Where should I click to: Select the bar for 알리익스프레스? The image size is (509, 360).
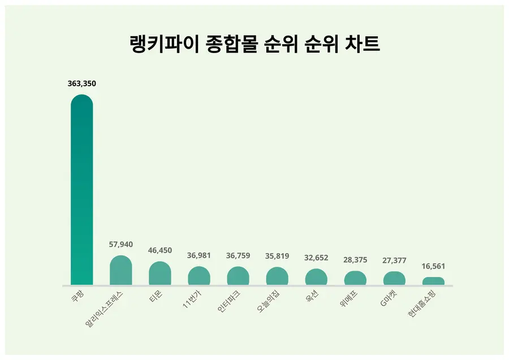pos(120,271)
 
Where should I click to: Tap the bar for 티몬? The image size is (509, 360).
pos(160,274)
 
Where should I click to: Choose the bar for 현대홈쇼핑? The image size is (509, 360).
pos(433,281)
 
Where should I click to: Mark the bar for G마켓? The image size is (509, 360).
pos(394,278)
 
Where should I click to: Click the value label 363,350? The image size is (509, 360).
pos(82,84)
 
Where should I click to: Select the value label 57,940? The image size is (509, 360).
pos(121,244)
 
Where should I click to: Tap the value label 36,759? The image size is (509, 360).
pos(238,255)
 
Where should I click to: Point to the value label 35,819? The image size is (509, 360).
pos(277,256)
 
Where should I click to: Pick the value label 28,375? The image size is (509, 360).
pos(355,260)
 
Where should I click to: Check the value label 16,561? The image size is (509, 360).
pos(433,266)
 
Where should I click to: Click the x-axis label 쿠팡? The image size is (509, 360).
pos(76,296)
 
